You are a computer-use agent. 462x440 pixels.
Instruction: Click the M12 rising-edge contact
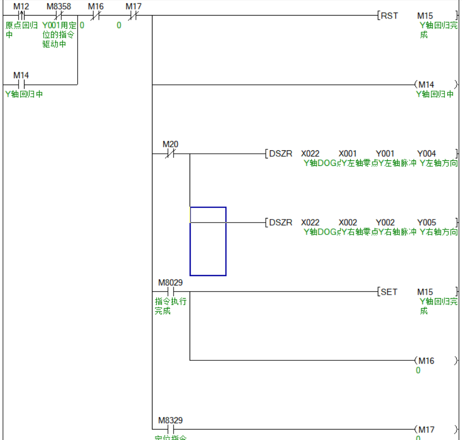(21, 16)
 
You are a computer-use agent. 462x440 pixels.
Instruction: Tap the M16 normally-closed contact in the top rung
(96, 16)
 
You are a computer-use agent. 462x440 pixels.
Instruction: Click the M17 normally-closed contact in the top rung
(133, 16)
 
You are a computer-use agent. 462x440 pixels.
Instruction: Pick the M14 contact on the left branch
(21, 84)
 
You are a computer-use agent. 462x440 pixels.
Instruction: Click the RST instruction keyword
(389, 16)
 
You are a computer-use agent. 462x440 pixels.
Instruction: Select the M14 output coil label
(426, 85)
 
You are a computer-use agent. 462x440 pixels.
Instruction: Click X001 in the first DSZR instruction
(348, 154)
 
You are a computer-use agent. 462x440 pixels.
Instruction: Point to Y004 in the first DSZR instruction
(426, 154)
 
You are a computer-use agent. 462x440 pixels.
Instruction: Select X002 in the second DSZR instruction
(348, 223)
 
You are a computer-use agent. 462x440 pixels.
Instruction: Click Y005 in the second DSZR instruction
(426, 223)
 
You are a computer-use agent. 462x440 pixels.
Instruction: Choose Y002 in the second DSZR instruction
(385, 223)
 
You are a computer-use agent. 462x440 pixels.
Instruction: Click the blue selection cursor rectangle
(208, 241)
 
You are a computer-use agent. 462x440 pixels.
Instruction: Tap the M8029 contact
(171, 292)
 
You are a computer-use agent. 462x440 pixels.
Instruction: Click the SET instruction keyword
(389, 292)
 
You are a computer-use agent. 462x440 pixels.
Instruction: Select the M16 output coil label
(426, 361)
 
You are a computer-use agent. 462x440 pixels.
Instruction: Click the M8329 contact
(171, 429)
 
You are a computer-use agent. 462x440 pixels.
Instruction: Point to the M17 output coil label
(426, 429)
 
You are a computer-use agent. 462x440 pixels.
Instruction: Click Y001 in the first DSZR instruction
(385, 154)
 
